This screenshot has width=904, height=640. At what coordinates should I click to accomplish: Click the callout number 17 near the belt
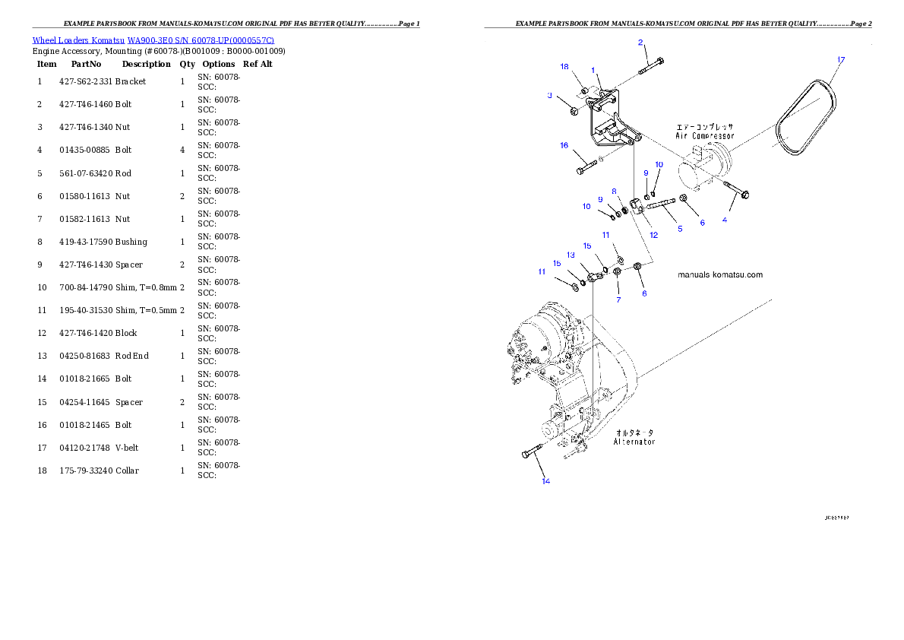coord(840,59)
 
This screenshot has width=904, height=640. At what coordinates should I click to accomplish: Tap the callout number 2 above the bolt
coord(640,43)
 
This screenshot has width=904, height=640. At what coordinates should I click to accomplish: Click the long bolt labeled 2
coord(651,66)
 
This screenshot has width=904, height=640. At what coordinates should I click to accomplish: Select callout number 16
coord(564,145)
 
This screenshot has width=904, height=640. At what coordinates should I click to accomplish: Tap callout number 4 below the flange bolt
coord(725,220)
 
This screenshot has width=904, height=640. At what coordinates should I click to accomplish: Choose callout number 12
coord(653,235)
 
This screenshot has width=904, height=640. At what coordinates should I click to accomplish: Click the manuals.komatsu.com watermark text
coord(720,275)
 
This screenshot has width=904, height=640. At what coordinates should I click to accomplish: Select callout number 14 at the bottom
coord(545,480)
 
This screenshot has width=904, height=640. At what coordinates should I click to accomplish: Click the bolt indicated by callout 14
coord(529,454)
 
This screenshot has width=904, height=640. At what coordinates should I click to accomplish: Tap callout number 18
coord(564,67)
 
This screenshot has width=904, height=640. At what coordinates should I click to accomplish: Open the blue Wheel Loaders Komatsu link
coord(153,40)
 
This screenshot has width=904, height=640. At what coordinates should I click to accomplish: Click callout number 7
coord(618,299)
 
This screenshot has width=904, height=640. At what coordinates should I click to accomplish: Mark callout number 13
coord(571,255)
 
